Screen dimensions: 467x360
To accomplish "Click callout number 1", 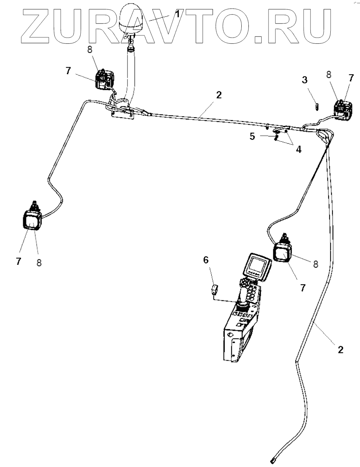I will [x=177, y=14].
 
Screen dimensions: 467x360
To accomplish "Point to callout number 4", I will [x=298, y=149].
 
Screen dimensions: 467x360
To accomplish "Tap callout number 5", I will [x=252, y=136].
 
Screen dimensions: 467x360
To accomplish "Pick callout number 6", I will [x=206, y=260].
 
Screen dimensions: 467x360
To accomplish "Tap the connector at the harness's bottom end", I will [x=273, y=460].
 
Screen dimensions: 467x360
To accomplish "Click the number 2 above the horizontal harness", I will [x=219, y=95].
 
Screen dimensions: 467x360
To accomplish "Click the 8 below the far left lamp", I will [x=39, y=263].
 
